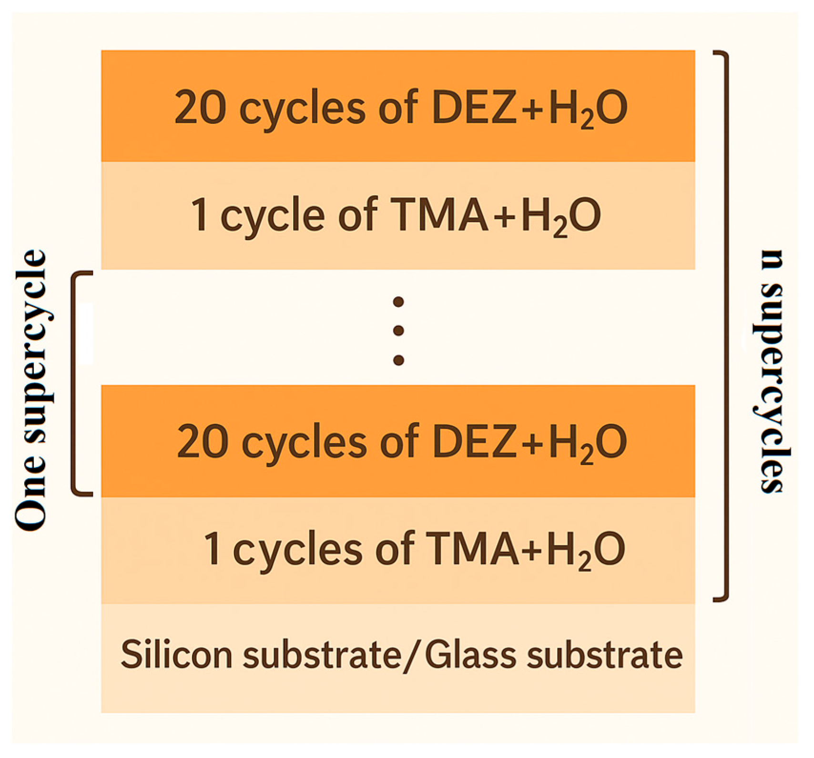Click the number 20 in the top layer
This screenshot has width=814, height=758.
[200, 108]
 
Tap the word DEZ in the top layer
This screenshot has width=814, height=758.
[474, 108]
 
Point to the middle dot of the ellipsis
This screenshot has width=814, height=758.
[398, 331]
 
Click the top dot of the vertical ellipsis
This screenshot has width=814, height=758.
[398, 302]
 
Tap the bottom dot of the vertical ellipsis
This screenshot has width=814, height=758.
[398, 360]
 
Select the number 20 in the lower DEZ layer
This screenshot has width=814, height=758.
[202, 442]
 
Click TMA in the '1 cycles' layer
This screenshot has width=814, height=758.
[472, 549]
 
